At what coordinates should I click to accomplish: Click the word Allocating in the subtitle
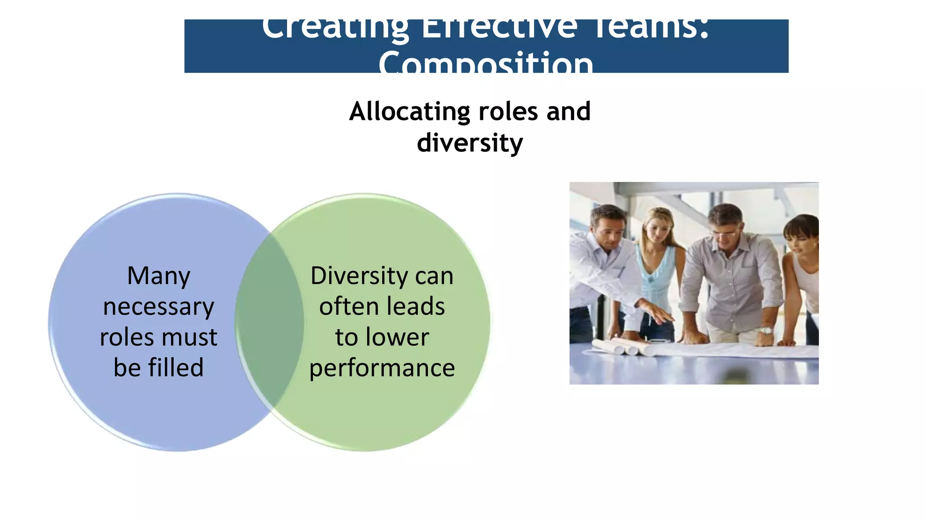point(410,112)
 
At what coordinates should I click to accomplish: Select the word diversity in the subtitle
point(470,143)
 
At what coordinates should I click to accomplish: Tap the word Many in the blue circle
point(159,276)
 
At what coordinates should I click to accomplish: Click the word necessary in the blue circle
point(159,307)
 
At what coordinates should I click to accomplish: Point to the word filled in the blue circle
point(175,367)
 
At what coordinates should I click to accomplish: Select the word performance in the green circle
point(382,368)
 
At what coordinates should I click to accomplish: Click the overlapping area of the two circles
point(269,322)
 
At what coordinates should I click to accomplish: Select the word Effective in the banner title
point(499,28)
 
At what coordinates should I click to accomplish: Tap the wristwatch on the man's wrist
point(766,331)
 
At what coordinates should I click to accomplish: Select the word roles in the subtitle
point(508,112)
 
